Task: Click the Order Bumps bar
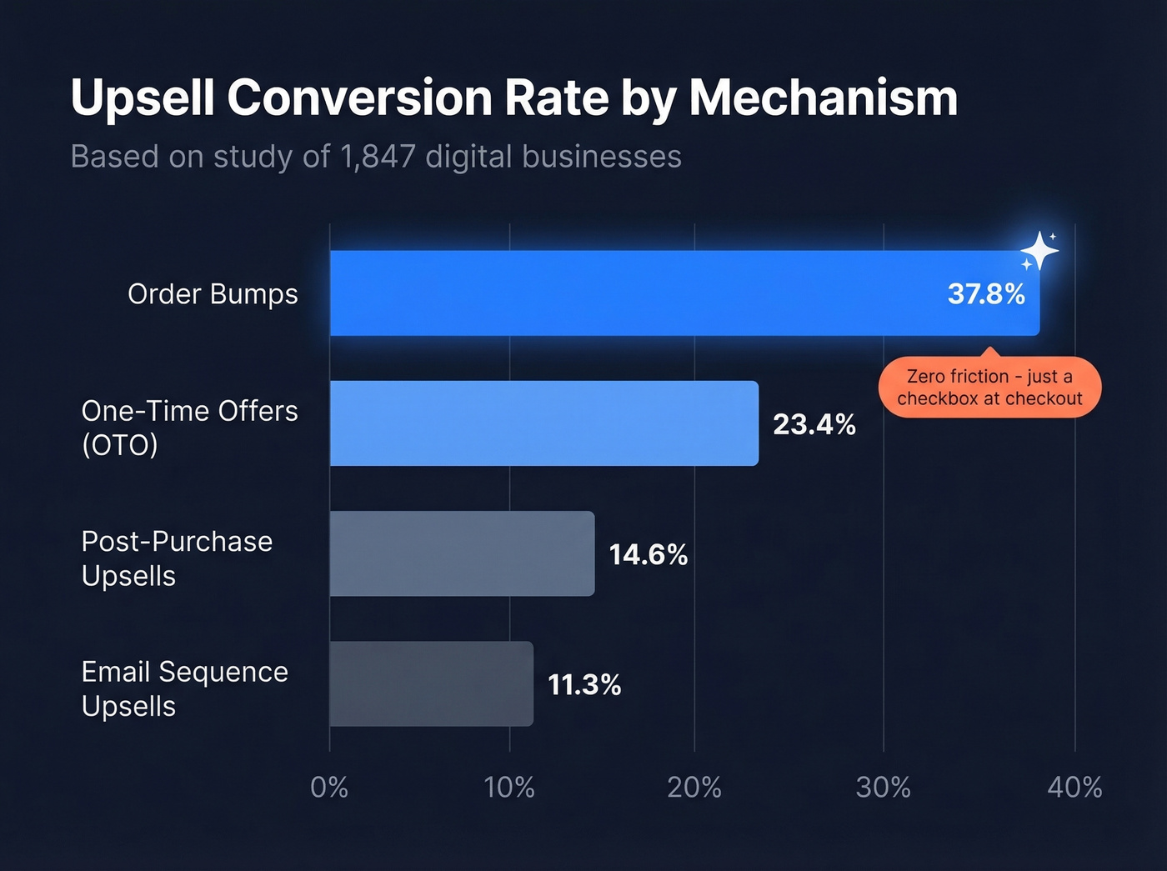pos(634,293)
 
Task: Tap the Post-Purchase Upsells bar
pos(462,553)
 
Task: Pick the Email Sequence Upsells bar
pos(431,683)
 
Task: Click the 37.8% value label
pos(986,294)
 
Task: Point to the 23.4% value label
pos(814,424)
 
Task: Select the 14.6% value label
pos(649,554)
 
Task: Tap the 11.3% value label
pos(584,685)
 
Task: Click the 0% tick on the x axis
pos(329,787)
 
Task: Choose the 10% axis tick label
pos(509,787)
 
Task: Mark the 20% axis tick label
pos(694,787)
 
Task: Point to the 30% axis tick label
pos(884,787)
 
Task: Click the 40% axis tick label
pos(1074,787)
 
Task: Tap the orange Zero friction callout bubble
pos(989,388)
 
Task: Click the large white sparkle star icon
pos(1039,250)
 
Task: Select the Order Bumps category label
pos(213,294)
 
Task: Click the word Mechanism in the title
pos(823,98)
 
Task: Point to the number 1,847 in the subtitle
pos(378,157)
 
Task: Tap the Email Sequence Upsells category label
pos(184,688)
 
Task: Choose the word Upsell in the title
pos(143,98)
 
